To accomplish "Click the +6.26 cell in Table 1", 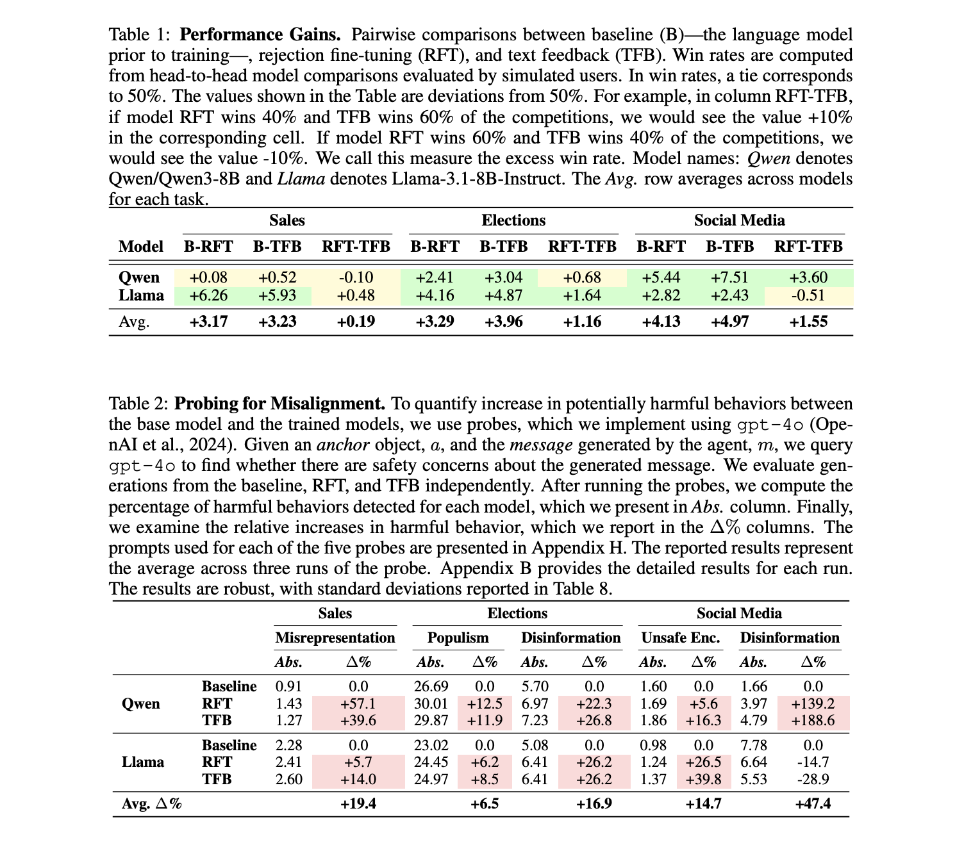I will (x=208, y=295).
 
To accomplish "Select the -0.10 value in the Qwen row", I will (x=356, y=277).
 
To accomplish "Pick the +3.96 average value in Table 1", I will (x=503, y=322).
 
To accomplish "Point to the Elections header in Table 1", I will (x=513, y=221).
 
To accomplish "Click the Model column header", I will (x=141, y=247).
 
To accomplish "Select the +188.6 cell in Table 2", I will (x=813, y=720).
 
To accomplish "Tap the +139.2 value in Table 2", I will (x=813, y=703).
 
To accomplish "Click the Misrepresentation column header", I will (x=335, y=638).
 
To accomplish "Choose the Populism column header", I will (x=458, y=638).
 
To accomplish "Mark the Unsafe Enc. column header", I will (x=681, y=638).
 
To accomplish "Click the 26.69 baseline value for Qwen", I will (x=431, y=687).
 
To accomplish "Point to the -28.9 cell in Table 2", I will (x=813, y=779).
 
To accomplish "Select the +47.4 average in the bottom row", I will (x=813, y=803).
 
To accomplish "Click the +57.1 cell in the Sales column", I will (x=358, y=703).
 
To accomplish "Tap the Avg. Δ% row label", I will (x=152, y=803).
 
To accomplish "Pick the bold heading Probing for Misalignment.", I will (x=279, y=404).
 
